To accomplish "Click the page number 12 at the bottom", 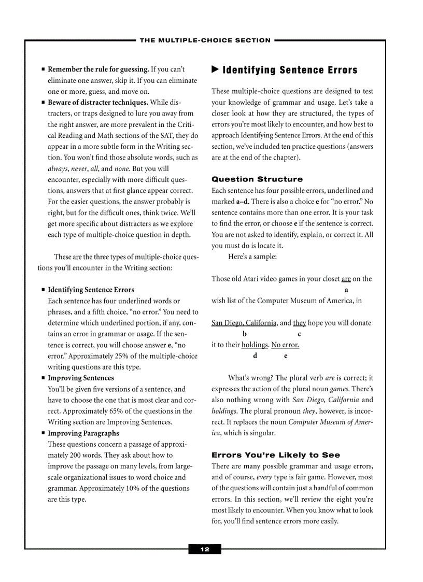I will point(205,549).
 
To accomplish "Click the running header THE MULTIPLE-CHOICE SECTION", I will point(205,40).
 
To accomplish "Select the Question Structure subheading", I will point(257,179).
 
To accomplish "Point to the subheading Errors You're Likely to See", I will point(276,455).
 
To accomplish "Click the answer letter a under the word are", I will point(346,290).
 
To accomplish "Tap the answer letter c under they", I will point(299,334).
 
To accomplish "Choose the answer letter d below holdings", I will point(255,356).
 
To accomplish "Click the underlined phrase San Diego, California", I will point(244,323).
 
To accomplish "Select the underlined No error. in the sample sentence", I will point(285,345).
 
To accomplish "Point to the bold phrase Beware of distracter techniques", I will point(98,103).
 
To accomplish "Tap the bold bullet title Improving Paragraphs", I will point(83,433).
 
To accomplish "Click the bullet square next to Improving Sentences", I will point(43,378).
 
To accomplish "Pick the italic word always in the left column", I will point(58,169).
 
